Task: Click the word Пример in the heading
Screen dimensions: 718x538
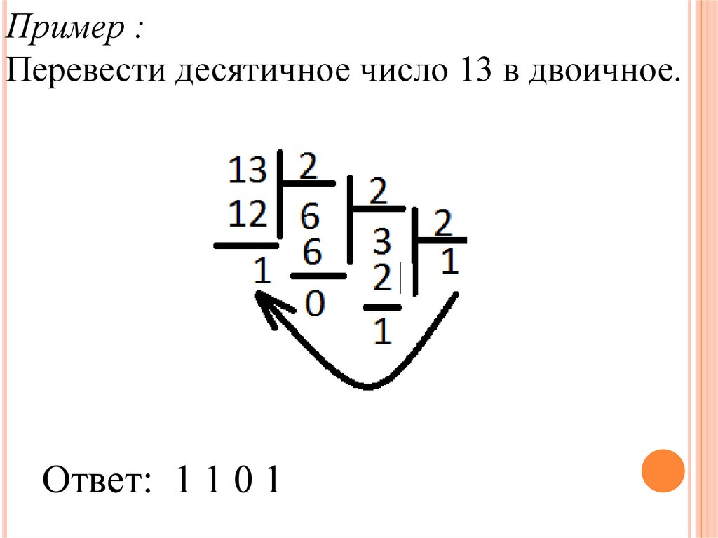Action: pos(67,30)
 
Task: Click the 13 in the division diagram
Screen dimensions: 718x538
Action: pos(248,170)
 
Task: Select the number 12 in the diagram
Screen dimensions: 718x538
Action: pos(248,213)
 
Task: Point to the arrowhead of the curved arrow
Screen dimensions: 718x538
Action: pos(266,305)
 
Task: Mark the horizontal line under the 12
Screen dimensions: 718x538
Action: pos(245,246)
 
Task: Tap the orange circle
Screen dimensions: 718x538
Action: pos(663,471)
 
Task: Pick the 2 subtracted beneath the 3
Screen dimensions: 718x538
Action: pos(381,280)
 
